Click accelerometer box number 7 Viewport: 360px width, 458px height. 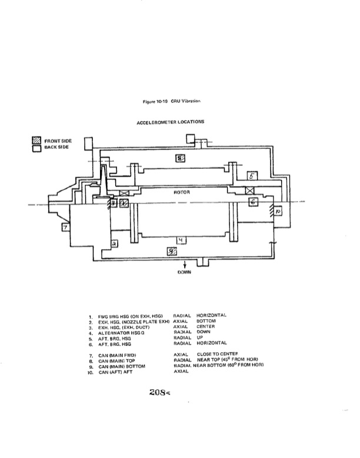(x=65, y=226)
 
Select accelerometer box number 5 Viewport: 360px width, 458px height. (x=252, y=175)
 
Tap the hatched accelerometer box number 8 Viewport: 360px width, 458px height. (x=181, y=158)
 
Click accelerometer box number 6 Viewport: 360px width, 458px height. (x=253, y=202)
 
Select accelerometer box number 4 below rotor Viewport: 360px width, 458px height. (x=182, y=240)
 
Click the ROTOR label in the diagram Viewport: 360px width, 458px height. (x=180, y=192)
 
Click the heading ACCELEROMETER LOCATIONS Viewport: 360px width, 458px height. (x=171, y=122)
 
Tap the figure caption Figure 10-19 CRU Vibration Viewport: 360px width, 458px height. (x=172, y=101)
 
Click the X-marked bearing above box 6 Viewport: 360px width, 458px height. (x=250, y=191)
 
